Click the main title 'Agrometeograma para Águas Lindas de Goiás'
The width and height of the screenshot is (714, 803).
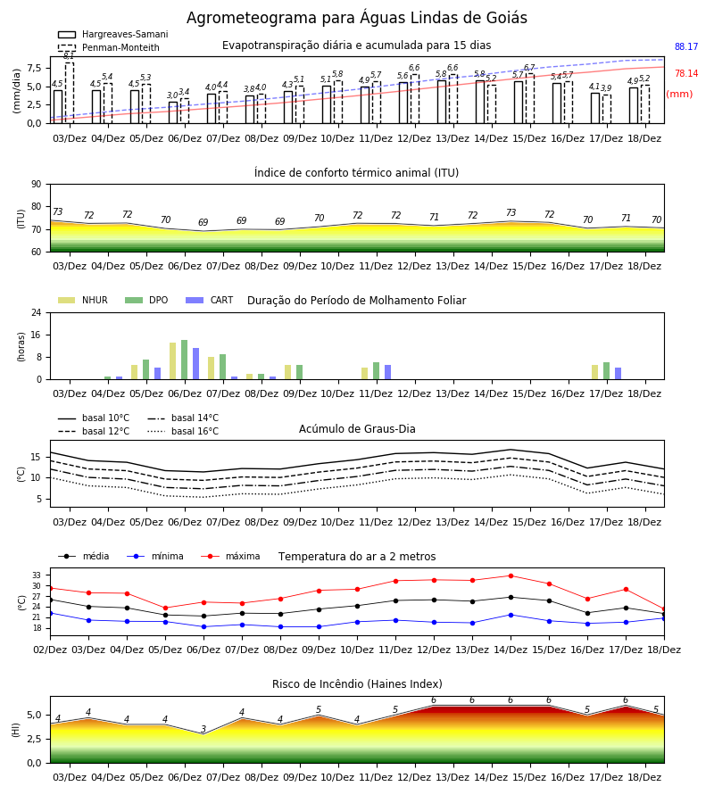pyautogui.click(x=356, y=18)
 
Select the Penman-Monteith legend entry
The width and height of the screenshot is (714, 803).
pyautogui.click(x=109, y=47)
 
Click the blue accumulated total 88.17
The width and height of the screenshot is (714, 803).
pyautogui.click(x=686, y=46)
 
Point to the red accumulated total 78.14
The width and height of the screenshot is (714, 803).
pyautogui.click(x=686, y=73)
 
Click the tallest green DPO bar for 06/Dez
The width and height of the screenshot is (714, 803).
pyautogui.click(x=185, y=360)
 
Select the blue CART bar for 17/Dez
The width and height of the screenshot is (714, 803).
pyautogui.click(x=619, y=374)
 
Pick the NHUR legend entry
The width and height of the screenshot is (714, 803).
pyautogui.click(x=83, y=300)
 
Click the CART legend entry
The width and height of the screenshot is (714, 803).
pyautogui.click(x=210, y=300)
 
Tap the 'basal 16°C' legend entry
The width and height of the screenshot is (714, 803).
pyautogui.click(x=183, y=431)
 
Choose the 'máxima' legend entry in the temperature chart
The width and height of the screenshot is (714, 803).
pyautogui.click(x=230, y=556)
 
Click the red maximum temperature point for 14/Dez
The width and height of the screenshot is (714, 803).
pyautogui.click(x=511, y=575)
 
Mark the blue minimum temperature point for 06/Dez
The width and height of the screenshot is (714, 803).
pyautogui.click(x=203, y=627)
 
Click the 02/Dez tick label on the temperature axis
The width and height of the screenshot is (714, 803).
pyautogui.click(x=50, y=650)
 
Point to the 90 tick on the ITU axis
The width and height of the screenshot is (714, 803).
pyautogui.click(x=37, y=185)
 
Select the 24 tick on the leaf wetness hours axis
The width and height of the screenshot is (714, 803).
pyautogui.click(x=37, y=312)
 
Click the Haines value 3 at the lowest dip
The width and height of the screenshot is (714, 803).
pyautogui.click(x=203, y=729)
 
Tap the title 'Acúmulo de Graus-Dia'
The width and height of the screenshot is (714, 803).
pyautogui.click(x=357, y=428)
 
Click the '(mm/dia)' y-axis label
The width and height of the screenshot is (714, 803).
pyautogui.click(x=17, y=91)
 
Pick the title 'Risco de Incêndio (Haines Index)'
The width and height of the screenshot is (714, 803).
pyautogui.click(x=357, y=684)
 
